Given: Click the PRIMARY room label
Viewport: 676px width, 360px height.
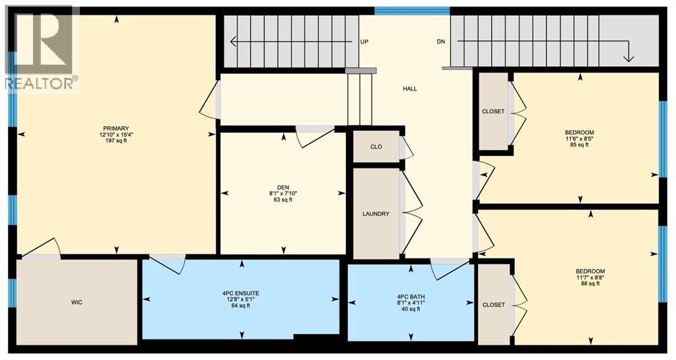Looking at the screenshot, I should (116, 128).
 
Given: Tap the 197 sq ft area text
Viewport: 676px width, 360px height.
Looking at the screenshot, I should (116, 141).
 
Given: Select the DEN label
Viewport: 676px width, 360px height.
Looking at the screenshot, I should (283, 187).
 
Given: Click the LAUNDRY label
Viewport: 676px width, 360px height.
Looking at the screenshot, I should (376, 214).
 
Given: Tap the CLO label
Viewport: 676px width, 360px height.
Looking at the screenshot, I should (376, 147).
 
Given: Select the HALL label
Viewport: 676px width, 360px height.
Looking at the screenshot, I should (410, 89).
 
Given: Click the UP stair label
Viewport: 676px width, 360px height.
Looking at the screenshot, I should (364, 42).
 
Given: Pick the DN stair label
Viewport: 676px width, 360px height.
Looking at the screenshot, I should (441, 42).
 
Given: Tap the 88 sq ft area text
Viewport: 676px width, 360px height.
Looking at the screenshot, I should (590, 284).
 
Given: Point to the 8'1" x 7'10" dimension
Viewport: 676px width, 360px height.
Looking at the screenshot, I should (283, 194).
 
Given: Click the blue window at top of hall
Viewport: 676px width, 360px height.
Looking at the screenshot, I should (412, 11).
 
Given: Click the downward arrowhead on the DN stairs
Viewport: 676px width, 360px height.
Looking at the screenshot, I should (628, 58).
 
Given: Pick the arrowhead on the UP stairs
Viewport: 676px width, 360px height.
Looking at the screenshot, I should (233, 42).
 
